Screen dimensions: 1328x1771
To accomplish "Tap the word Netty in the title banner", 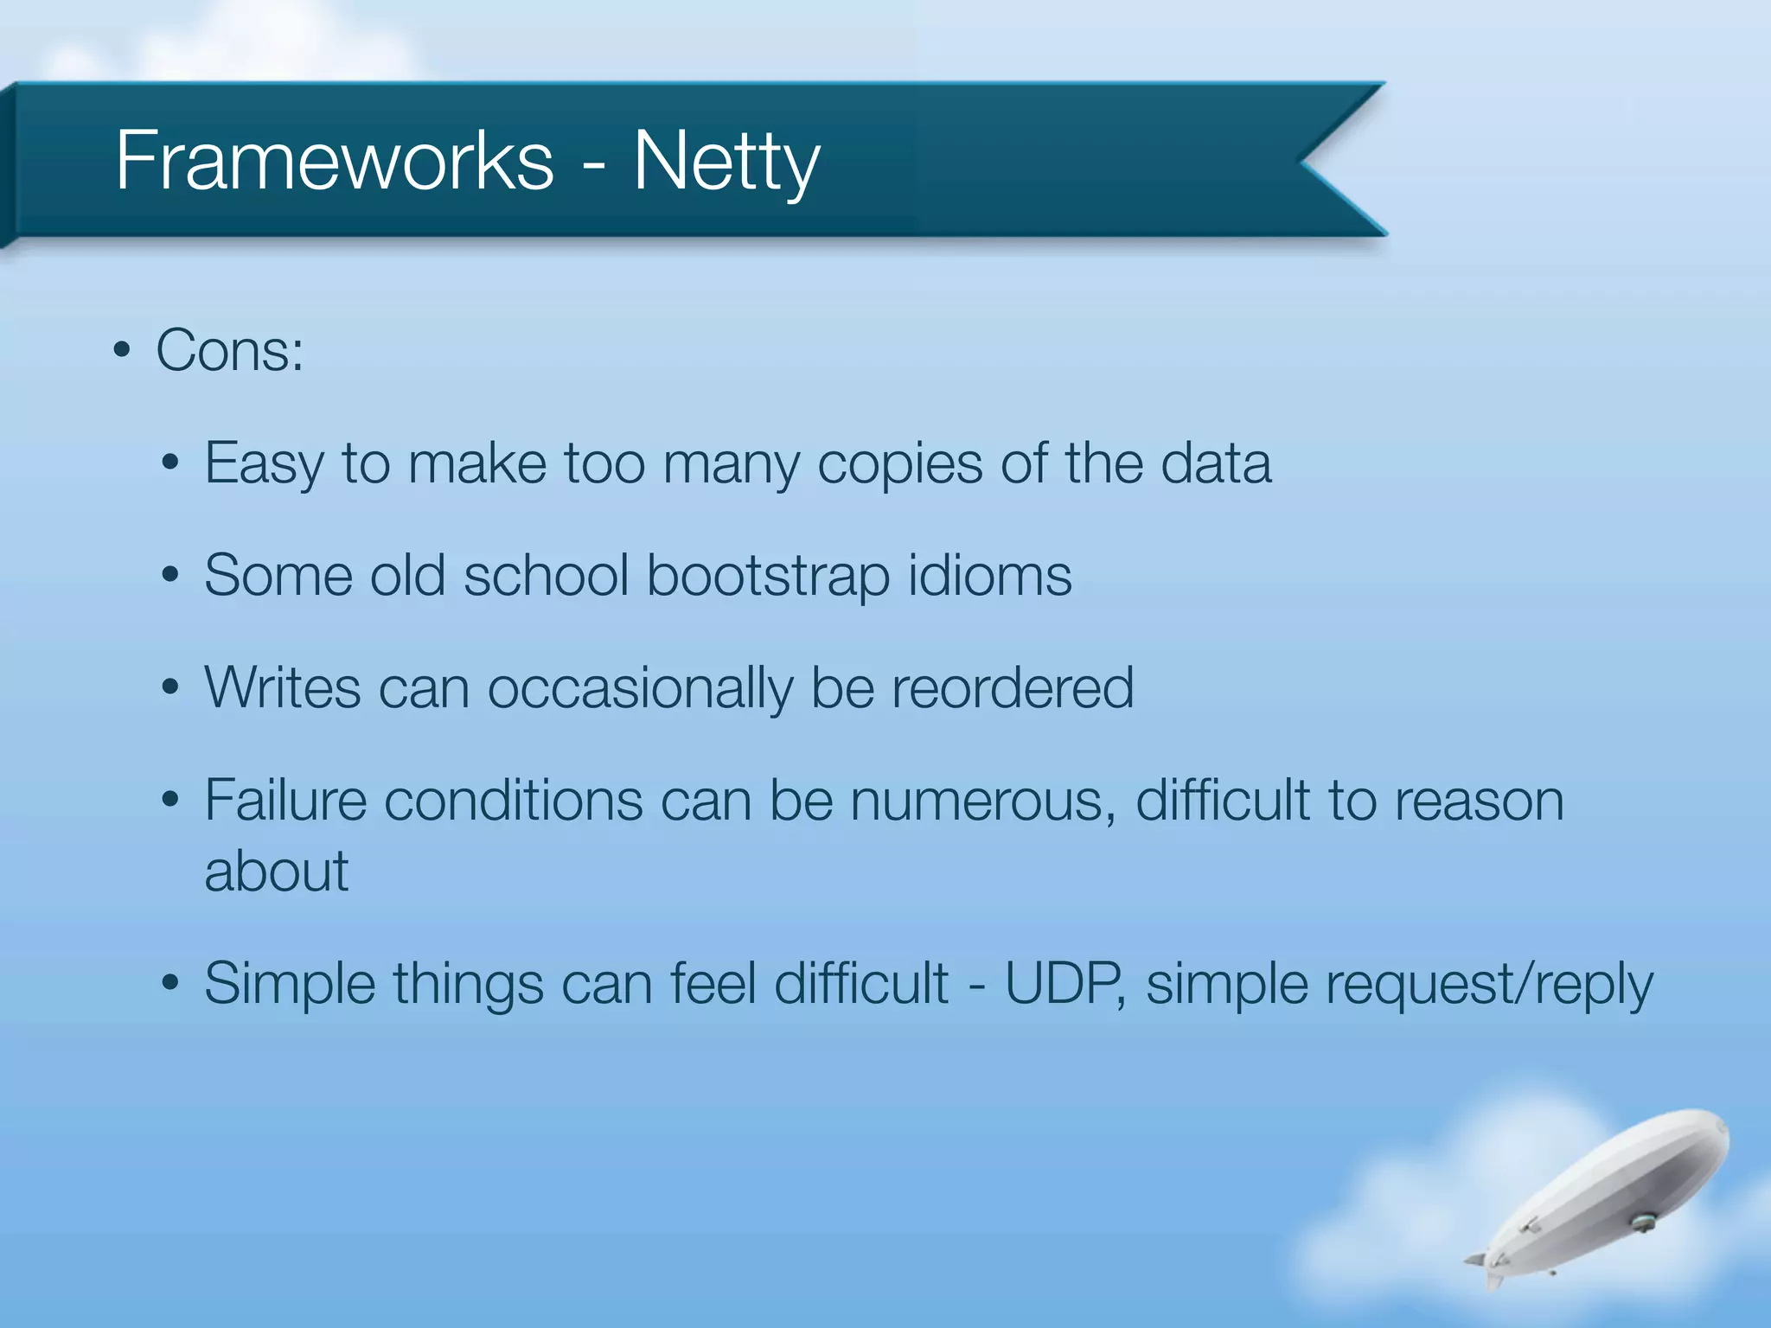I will click(726, 163).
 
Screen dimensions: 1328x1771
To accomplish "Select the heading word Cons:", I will click(230, 351).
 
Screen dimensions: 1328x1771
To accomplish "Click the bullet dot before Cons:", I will click(122, 352).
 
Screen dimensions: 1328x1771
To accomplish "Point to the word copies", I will click(899, 464).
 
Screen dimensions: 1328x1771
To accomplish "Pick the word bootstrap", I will click(768, 576).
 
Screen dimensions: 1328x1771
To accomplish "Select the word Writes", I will click(283, 688).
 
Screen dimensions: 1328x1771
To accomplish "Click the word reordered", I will click(1012, 688).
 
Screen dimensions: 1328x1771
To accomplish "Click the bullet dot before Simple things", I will click(170, 984).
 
